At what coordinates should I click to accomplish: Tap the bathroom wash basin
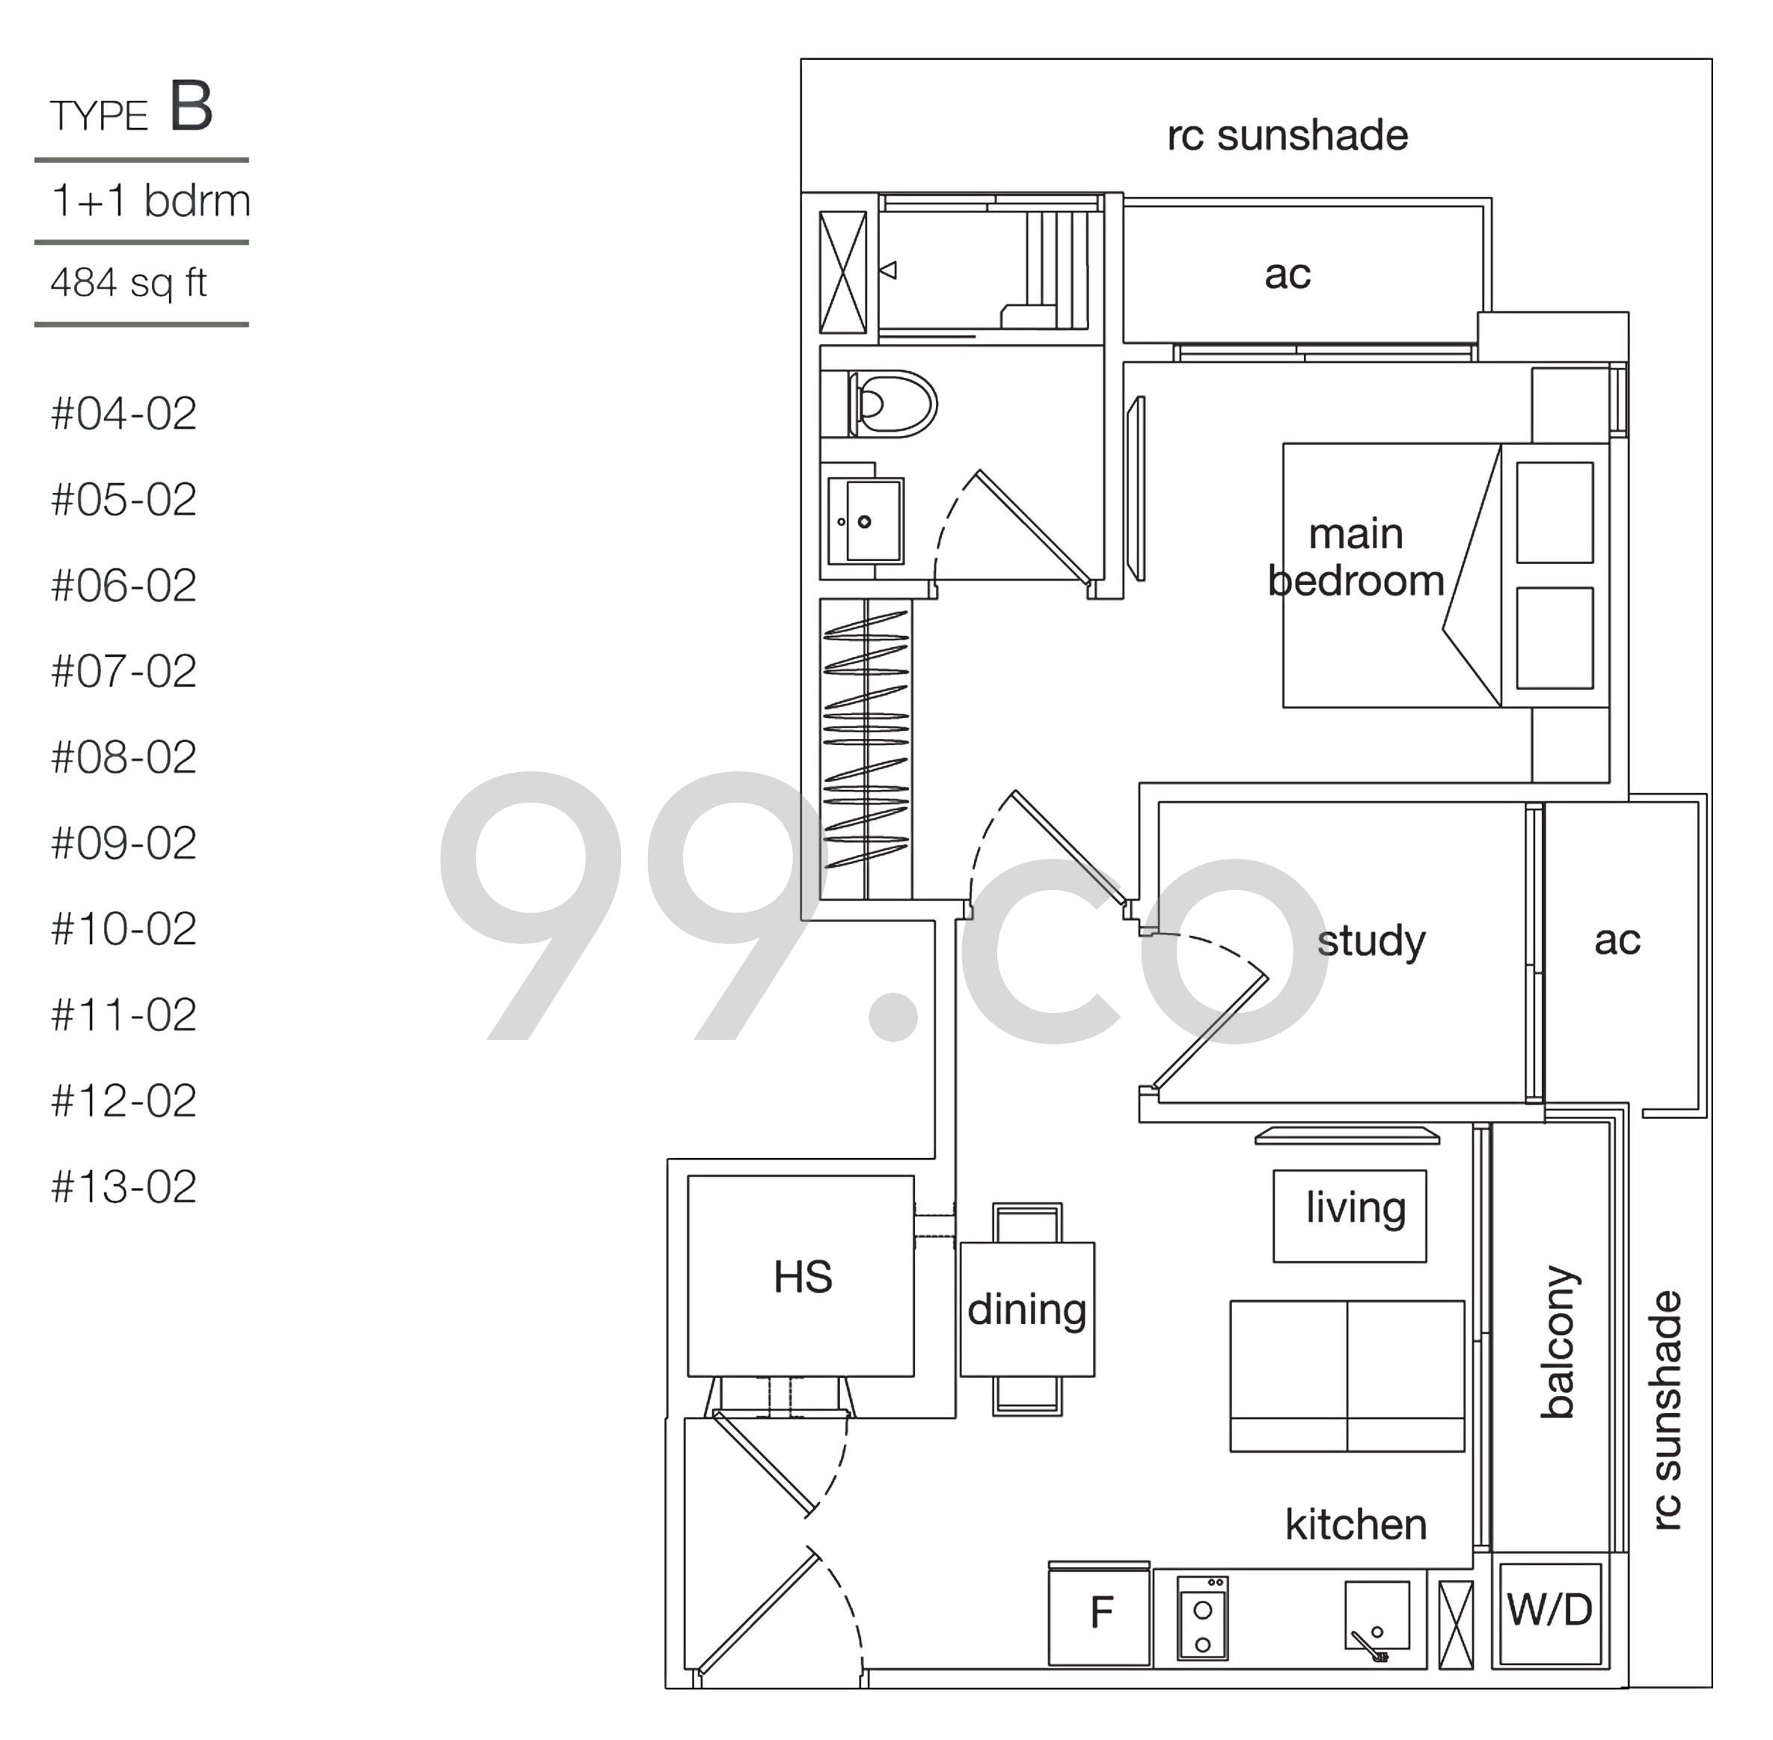[866, 521]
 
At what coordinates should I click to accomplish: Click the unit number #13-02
[124, 1187]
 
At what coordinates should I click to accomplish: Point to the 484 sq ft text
[129, 282]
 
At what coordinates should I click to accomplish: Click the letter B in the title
[191, 106]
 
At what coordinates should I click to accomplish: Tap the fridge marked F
[1100, 1614]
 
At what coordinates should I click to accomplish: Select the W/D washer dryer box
[1550, 1613]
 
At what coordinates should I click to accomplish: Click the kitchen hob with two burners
[1203, 1617]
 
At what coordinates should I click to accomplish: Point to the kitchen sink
[1377, 1617]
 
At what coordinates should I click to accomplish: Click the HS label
[803, 1277]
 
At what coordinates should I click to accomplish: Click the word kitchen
[1356, 1525]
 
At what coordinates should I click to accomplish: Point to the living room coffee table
[1350, 1216]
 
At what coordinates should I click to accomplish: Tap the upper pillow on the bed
[1555, 512]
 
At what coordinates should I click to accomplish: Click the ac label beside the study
[1617, 940]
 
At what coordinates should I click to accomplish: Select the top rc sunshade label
[1287, 135]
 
